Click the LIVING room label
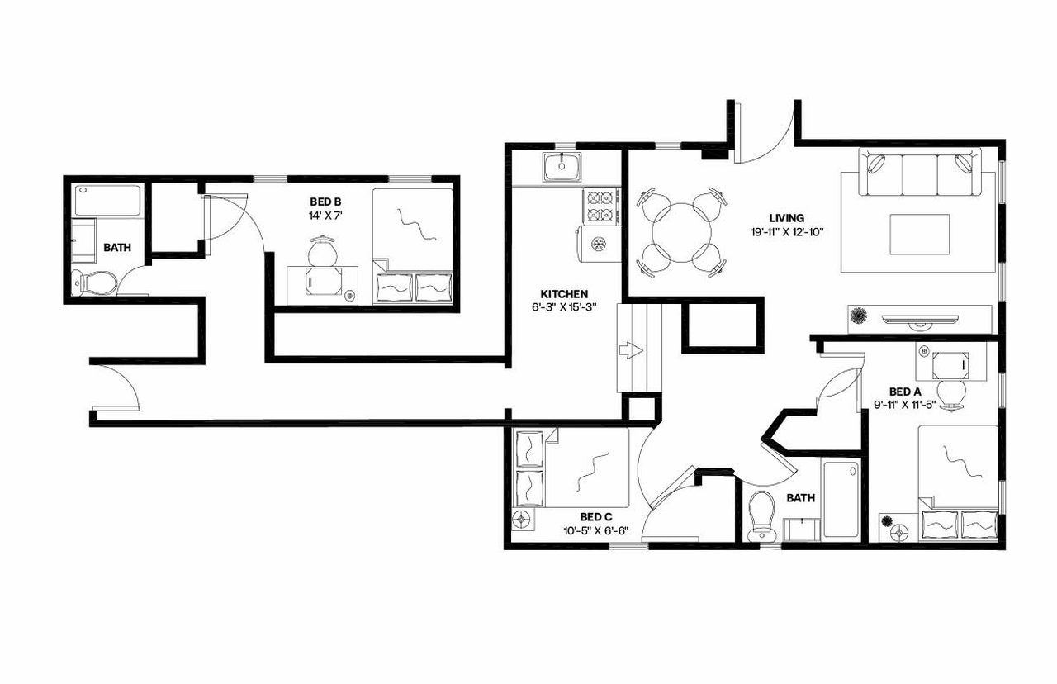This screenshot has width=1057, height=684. [786, 218]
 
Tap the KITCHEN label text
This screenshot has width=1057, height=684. [564, 294]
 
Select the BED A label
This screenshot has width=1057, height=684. [904, 392]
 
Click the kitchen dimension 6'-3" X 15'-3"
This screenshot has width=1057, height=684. [564, 306]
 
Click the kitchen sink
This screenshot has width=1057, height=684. [562, 167]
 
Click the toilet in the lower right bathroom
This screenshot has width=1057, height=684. [759, 517]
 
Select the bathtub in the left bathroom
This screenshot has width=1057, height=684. [107, 201]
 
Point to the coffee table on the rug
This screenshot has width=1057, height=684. [919, 235]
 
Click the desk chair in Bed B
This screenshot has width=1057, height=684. [322, 248]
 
